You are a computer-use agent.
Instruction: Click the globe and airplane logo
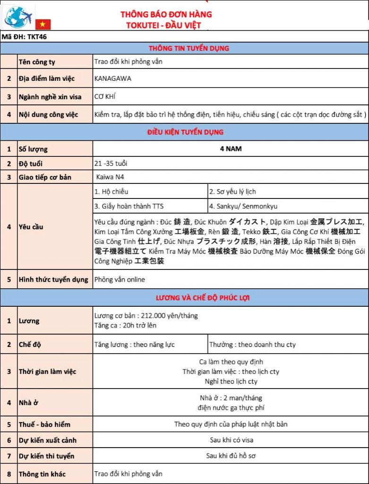click(x=19, y=17)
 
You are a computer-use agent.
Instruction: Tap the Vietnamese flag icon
click(x=43, y=24)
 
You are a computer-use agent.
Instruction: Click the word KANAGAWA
click(x=112, y=78)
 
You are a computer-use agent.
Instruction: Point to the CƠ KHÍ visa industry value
click(x=105, y=96)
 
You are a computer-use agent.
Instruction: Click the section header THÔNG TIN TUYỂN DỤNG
click(x=189, y=48)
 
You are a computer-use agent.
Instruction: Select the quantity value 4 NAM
click(x=231, y=148)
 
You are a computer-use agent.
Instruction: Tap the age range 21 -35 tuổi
click(x=111, y=164)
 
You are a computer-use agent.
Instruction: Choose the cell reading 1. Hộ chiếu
click(x=111, y=191)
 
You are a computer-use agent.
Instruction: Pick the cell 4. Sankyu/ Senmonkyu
click(x=243, y=206)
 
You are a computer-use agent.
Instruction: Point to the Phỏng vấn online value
click(x=120, y=279)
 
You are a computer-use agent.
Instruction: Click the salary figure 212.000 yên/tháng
click(x=168, y=315)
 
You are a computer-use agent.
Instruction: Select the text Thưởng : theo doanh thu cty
click(x=252, y=344)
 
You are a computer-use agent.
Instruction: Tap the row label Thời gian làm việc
click(x=47, y=372)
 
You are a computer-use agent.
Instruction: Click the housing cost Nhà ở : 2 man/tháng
click(x=231, y=398)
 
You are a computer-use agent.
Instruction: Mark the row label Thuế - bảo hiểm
click(x=44, y=424)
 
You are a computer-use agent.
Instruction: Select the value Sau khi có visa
click(x=231, y=440)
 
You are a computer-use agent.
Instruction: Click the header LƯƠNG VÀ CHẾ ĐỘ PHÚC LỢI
click(x=203, y=298)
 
